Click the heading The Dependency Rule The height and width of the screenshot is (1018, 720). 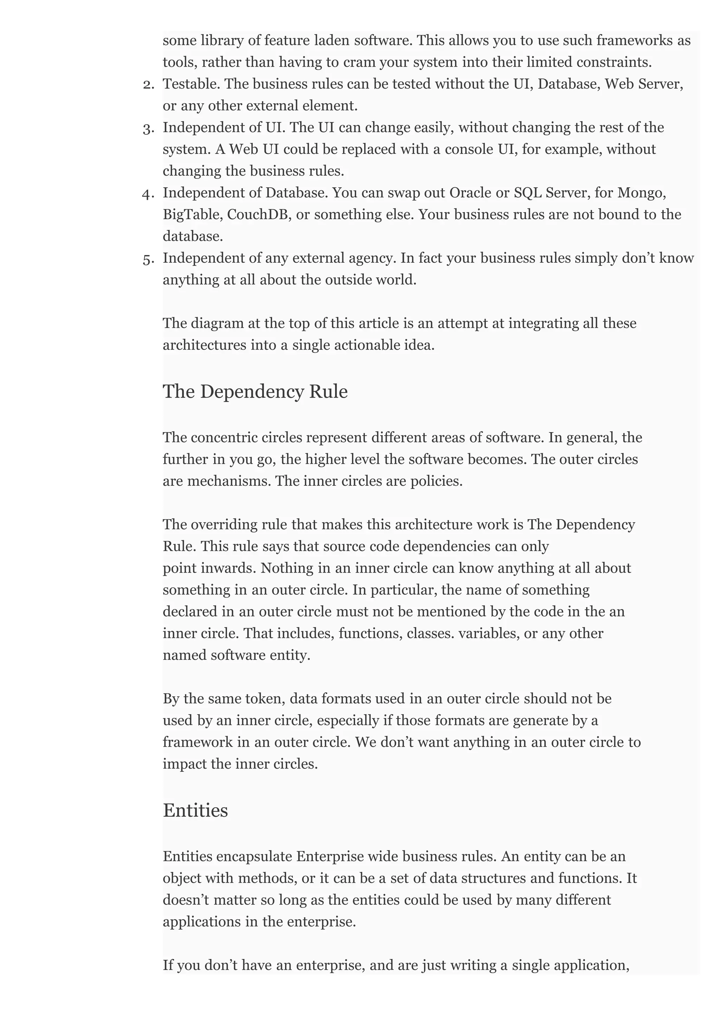pos(255,392)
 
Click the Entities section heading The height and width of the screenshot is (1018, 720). pos(195,810)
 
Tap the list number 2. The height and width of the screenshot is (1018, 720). pos(148,84)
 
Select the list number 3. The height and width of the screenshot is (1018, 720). pos(148,129)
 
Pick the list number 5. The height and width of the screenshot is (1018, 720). pos(148,259)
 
